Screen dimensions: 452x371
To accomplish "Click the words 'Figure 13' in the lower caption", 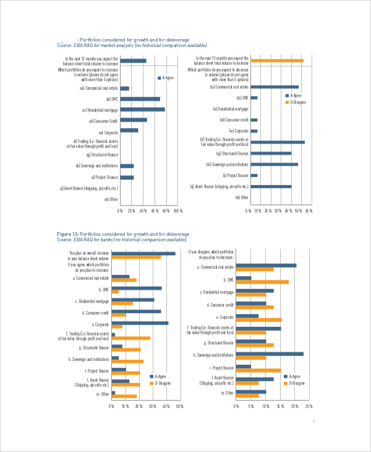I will tap(67, 234).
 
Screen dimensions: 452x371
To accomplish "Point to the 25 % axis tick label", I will tap(309, 406).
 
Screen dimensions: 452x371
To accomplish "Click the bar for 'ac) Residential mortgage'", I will tap(142, 110).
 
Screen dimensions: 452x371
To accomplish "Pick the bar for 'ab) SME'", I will tap(140, 99).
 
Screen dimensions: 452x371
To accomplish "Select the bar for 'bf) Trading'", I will tap(278, 142).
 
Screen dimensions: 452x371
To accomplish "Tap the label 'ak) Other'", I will tap(111, 199).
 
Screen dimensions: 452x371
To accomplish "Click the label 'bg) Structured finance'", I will tap(232, 153).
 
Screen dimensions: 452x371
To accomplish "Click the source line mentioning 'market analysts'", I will tap(132, 45).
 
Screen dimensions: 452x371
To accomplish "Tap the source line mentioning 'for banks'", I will tap(122, 239).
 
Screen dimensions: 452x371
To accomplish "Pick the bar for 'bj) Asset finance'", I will tap(271, 186).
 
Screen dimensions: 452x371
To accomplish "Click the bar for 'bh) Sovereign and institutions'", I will tap(274, 164).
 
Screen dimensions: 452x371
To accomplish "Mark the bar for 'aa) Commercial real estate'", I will tap(124, 89).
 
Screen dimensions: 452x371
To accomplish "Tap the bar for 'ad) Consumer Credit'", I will tap(133, 120).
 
